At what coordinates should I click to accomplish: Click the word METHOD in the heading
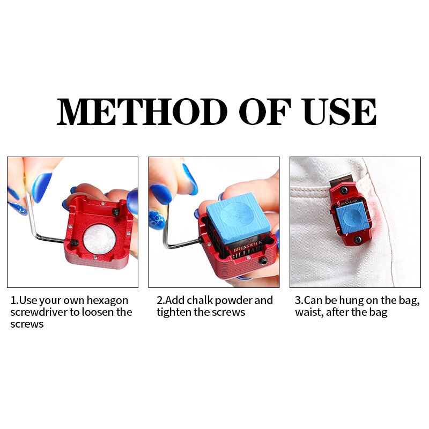click(x=142, y=112)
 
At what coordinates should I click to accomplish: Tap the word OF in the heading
click(x=264, y=112)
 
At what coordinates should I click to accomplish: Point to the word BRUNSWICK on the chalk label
click(x=248, y=246)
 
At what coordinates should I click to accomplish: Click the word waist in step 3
click(x=308, y=313)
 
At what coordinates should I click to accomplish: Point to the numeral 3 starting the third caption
click(x=298, y=300)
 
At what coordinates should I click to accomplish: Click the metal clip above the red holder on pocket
click(x=342, y=180)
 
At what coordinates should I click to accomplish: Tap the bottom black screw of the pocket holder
click(x=357, y=240)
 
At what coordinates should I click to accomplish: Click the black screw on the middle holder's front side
click(x=263, y=262)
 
